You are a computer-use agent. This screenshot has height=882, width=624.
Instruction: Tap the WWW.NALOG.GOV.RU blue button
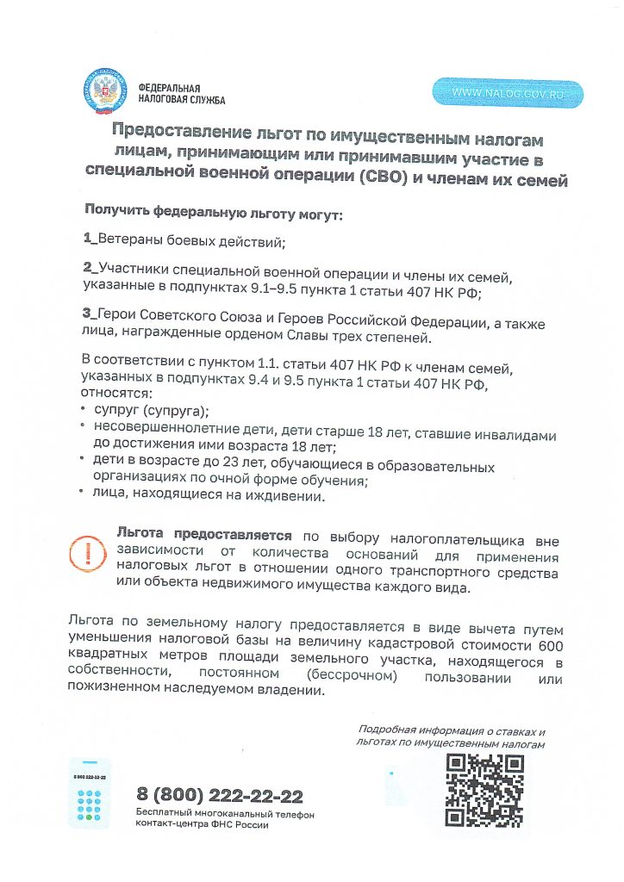coord(508,93)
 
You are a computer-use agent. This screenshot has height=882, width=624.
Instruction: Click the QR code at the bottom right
coord(484,790)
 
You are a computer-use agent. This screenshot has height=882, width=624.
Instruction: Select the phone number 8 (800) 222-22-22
coord(220,795)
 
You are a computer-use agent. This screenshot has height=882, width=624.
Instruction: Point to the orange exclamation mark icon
coord(86,555)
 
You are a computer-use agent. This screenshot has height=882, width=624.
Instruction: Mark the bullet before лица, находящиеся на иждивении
coord(83,495)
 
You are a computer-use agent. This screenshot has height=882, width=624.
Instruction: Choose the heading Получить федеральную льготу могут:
coord(213,211)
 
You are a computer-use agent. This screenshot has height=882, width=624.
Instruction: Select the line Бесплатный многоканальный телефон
coord(225,814)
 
